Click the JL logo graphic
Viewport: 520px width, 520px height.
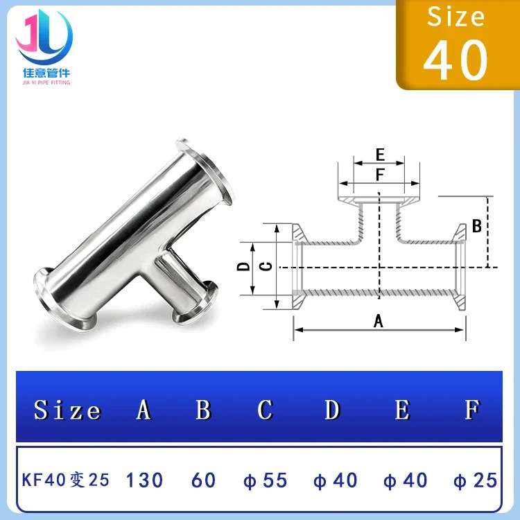(44, 37)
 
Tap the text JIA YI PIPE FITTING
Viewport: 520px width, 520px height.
(46, 83)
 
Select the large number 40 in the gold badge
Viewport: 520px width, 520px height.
(456, 60)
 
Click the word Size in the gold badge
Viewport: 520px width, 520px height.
(456, 16)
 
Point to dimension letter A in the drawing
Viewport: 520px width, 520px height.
(378, 321)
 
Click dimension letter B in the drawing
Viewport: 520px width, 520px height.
(476, 226)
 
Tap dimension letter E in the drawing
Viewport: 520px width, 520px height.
(380, 155)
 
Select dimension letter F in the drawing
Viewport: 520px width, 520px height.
(380, 175)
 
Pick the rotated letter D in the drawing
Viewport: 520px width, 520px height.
(243, 266)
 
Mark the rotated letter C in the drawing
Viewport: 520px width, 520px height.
(266, 266)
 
